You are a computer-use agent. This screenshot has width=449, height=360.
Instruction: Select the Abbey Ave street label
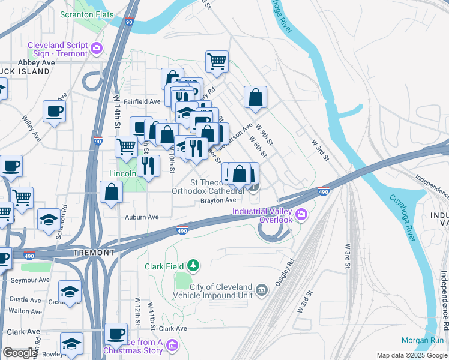pyautogui.click(x=37, y=62)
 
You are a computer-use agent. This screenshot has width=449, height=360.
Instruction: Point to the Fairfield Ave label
pyautogui.click(x=142, y=102)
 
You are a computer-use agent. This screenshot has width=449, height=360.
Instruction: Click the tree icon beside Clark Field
pyautogui.click(x=193, y=265)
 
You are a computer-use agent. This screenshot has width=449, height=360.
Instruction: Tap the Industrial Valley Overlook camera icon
pyautogui.click(x=301, y=214)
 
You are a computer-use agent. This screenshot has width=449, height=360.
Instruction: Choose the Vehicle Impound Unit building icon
pyautogui.click(x=262, y=291)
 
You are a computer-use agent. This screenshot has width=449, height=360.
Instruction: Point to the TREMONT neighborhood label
pyautogui.click(x=94, y=253)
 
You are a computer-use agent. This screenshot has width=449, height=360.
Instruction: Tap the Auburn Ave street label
pyautogui.click(x=142, y=217)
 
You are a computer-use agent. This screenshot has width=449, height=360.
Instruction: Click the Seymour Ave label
pyautogui.click(x=29, y=280)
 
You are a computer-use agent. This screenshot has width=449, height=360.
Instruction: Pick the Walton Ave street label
pyautogui.click(x=26, y=311)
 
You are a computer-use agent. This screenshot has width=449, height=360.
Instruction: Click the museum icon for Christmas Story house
pyautogui.click(x=172, y=345)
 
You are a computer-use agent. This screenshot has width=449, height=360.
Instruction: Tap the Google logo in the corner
pyautogui.click(x=20, y=353)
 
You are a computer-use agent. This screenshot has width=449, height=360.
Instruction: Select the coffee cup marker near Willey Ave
pyautogui.click(x=54, y=111)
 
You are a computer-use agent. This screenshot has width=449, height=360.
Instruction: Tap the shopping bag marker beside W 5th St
pyautogui.click(x=255, y=97)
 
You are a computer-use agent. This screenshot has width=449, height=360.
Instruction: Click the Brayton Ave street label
pyautogui.click(x=217, y=201)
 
